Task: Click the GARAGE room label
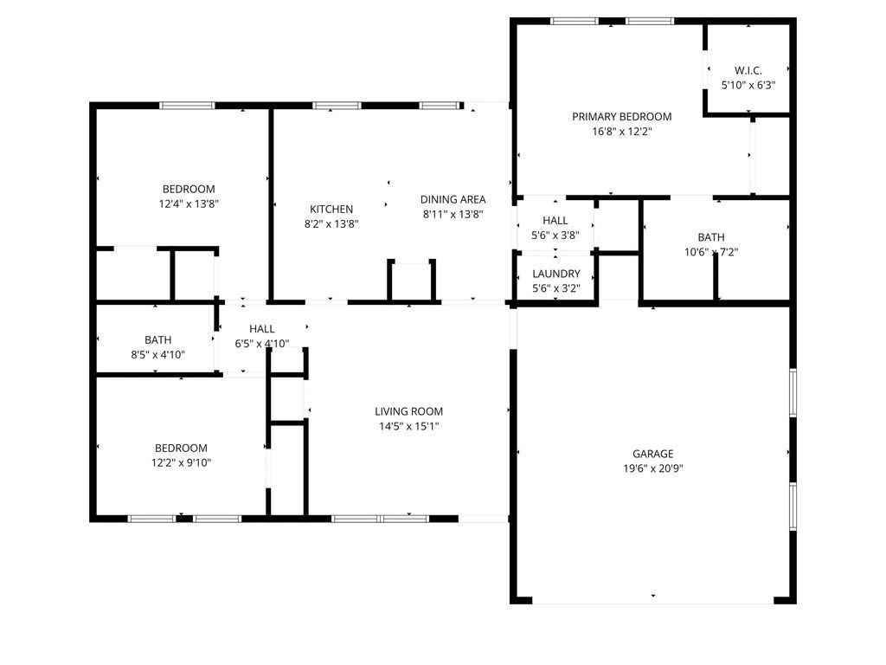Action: (x=652, y=454)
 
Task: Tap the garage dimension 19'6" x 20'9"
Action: (x=652, y=468)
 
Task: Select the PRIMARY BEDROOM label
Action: (x=621, y=117)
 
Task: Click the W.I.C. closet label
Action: (x=748, y=70)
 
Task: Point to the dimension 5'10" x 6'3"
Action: (x=748, y=86)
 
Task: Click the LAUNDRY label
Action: (x=556, y=274)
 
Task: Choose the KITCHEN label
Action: (x=331, y=209)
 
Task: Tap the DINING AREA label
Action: (x=453, y=199)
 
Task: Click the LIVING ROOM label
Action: (x=408, y=411)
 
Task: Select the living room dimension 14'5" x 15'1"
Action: (x=408, y=426)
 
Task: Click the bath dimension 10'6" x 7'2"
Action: (x=711, y=253)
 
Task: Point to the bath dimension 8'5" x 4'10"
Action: (x=157, y=354)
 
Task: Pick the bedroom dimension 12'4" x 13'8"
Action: (x=189, y=204)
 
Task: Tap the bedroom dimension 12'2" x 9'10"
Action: (x=182, y=462)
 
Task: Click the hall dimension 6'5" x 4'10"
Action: (x=261, y=344)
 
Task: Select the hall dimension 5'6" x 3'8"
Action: (x=555, y=236)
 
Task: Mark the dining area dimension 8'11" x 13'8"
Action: (x=453, y=214)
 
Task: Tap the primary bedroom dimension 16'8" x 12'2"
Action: (x=621, y=132)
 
